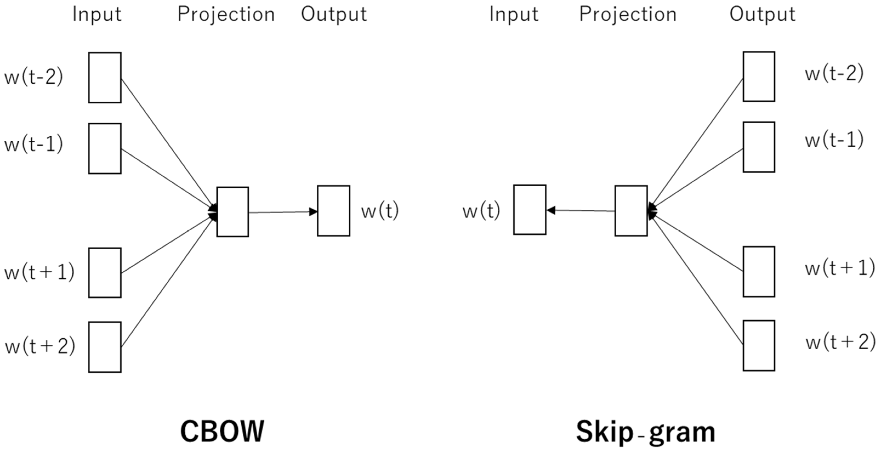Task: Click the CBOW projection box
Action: pyautogui.click(x=233, y=212)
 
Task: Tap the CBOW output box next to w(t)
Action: pyautogui.click(x=334, y=211)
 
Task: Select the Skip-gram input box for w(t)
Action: pyautogui.click(x=529, y=210)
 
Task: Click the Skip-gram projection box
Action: pyautogui.click(x=631, y=211)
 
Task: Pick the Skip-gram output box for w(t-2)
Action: pyautogui.click(x=759, y=77)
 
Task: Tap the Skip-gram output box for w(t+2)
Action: pyautogui.click(x=759, y=345)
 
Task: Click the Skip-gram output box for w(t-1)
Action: pyautogui.click(x=759, y=147)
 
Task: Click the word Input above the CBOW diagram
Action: pyautogui.click(x=97, y=14)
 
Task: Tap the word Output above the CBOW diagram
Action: pyautogui.click(x=334, y=14)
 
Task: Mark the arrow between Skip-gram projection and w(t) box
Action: pyautogui.click(x=580, y=210)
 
